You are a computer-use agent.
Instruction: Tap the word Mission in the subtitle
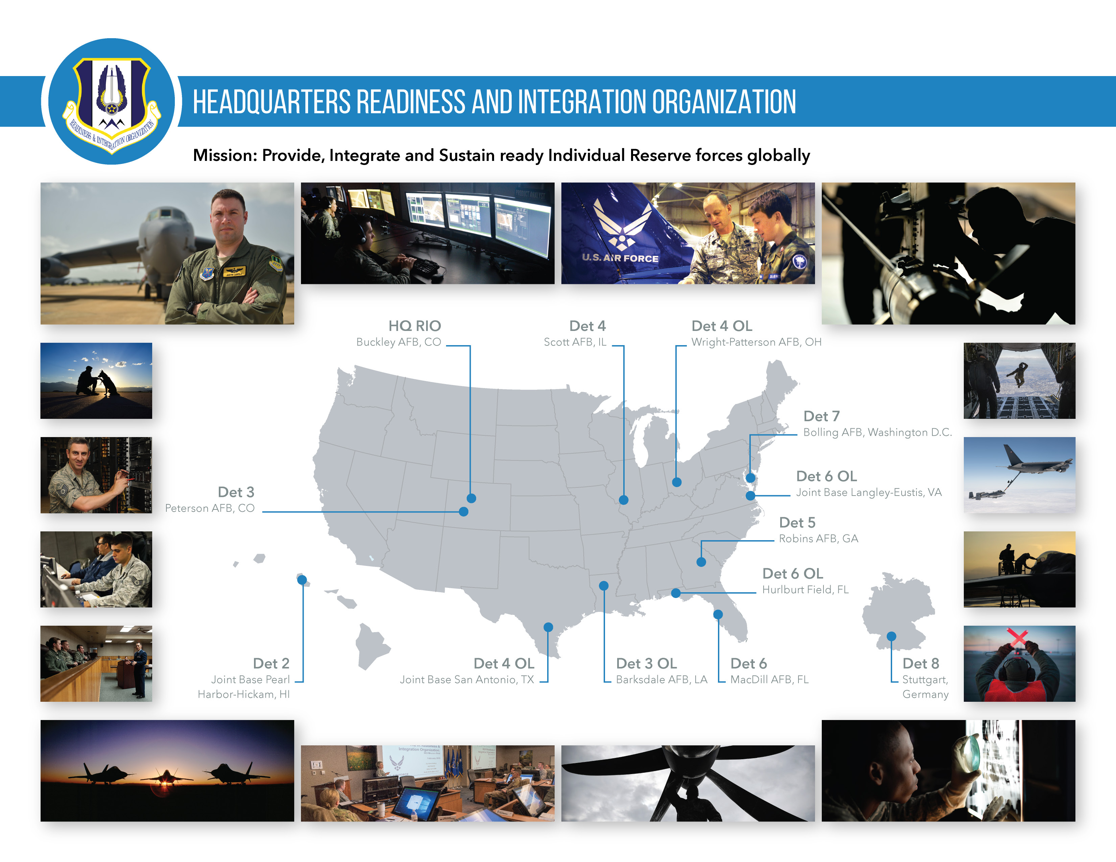point(225,155)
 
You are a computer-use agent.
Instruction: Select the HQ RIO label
point(414,326)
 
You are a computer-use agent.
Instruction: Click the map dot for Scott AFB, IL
point(623,500)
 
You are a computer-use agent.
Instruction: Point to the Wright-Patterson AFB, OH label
point(756,342)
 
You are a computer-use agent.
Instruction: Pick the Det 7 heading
point(821,416)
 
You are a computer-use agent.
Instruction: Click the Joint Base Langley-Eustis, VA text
point(869,492)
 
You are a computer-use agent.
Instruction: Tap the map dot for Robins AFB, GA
point(701,562)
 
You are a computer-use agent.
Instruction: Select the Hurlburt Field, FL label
point(805,590)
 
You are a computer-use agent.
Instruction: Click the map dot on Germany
point(891,636)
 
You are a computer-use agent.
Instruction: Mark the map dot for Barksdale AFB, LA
point(603,586)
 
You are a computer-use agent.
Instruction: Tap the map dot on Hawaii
point(302,580)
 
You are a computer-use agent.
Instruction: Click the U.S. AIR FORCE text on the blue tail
point(620,258)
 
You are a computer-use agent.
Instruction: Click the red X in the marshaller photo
point(1017,637)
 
